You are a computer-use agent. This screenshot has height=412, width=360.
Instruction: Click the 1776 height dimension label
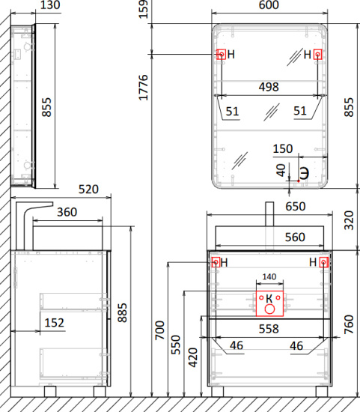(x=144, y=88)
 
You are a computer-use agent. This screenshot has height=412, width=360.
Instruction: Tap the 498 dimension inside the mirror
(x=269, y=87)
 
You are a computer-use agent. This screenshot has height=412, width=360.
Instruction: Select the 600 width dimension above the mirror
(x=269, y=4)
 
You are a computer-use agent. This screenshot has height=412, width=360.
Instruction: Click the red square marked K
(x=269, y=303)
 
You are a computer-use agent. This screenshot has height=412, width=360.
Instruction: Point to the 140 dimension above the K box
(x=269, y=276)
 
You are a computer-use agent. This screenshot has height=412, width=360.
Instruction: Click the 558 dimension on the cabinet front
(x=269, y=329)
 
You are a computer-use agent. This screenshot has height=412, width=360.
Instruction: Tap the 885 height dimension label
(x=122, y=312)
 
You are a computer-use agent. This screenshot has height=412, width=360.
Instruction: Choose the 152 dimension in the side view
(x=55, y=323)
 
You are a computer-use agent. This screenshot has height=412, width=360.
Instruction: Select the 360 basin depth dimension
(x=67, y=212)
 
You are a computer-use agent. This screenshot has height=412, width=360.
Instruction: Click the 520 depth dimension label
(x=88, y=190)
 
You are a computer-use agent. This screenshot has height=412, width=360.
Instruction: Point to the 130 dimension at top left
(x=50, y=4)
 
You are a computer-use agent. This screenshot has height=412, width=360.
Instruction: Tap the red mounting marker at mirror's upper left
(x=222, y=55)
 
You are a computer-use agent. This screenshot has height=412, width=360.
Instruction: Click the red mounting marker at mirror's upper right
(x=318, y=55)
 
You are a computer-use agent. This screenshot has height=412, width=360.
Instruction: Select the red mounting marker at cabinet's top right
(x=324, y=262)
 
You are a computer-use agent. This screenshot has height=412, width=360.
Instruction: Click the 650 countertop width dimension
(x=296, y=207)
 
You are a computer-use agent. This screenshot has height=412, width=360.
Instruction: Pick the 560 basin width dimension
(x=295, y=237)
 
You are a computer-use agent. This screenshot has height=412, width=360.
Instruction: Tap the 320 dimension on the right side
(x=349, y=220)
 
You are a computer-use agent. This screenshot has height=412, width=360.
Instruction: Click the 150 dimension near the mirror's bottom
(x=283, y=149)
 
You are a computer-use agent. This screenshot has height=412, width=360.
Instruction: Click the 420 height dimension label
(x=193, y=357)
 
